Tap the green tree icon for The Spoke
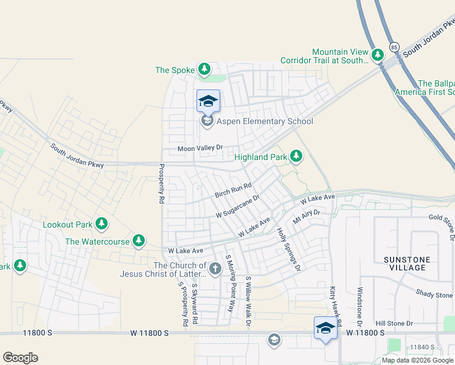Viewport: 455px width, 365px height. coord(205,70)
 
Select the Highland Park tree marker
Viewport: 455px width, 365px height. coord(296,157)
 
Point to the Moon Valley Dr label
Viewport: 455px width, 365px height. coord(201,148)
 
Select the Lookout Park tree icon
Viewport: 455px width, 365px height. coord(102,224)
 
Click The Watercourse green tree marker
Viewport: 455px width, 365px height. coord(139,242)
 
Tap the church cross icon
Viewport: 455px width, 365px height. coord(215,268)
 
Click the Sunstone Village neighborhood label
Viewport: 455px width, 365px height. coord(407,263)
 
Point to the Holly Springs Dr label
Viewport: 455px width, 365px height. coord(289,249)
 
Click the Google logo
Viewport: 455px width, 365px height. coord(20,358)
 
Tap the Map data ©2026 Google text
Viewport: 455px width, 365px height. coord(418,360)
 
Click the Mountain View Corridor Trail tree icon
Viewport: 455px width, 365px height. coord(378,55)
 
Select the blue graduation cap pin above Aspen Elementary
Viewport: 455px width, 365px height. coord(207,102)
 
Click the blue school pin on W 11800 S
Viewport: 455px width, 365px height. coord(325,328)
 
